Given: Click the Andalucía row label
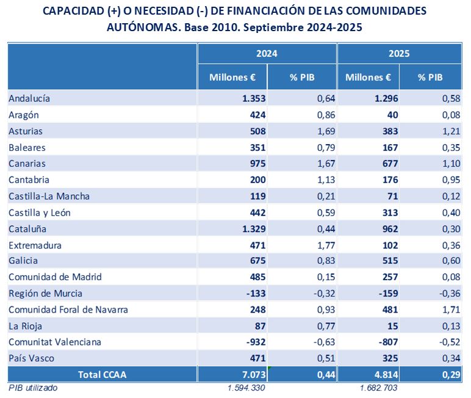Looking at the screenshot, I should [29, 98].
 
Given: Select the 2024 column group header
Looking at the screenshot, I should [267, 54].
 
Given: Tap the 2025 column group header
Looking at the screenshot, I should [399, 54].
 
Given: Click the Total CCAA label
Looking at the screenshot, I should [102, 374].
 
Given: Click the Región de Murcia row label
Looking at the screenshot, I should [46, 294].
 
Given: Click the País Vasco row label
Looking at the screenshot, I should [31, 358].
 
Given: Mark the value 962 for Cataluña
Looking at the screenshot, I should [388, 229].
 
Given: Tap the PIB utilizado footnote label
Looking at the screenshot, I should [32, 388].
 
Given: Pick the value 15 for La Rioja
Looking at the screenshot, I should [392, 326].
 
